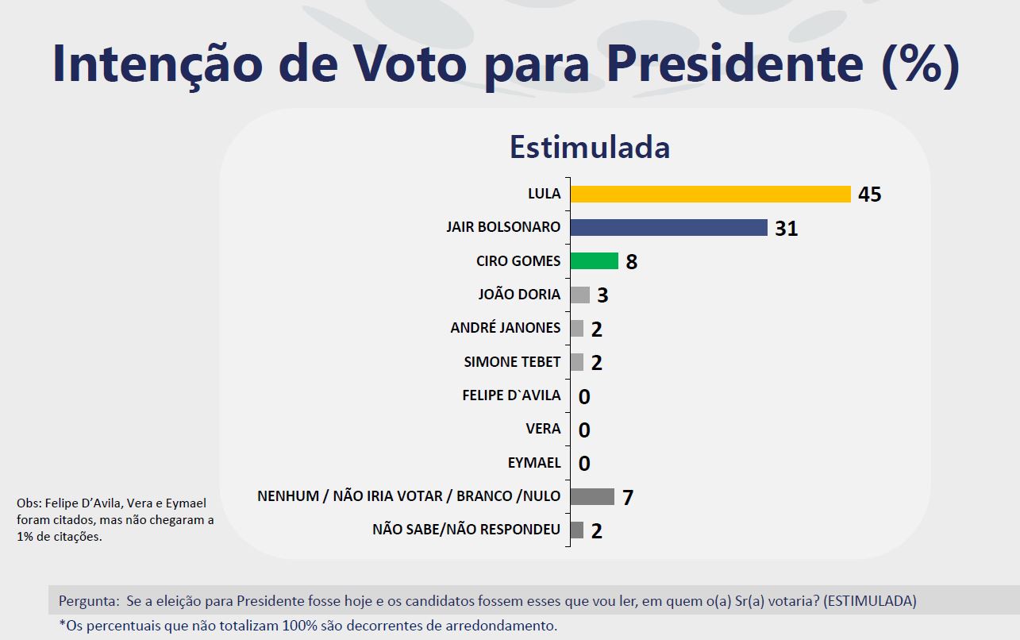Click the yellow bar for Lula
710,194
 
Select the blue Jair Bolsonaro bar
668,228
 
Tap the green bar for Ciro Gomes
594,261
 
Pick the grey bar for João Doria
580,295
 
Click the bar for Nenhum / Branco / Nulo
592,496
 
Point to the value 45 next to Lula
870,195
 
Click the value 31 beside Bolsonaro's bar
787,229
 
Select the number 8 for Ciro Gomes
632,262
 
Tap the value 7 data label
628,498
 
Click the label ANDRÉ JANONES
505,328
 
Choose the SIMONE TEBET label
512,362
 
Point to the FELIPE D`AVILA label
511,395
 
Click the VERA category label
543,429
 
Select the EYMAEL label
533,463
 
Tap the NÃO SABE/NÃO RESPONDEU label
466,530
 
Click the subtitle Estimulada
590,148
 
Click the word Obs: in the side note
29,503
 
